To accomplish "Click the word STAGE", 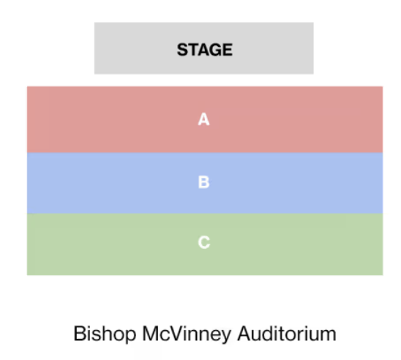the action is coord(205,50).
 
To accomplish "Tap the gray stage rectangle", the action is coord(204,48).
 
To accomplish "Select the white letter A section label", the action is coord(204,119).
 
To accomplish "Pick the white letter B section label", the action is coord(204,182).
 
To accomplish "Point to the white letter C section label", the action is coord(204,242).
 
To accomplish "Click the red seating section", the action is coord(205,119).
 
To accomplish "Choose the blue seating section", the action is coord(205,183).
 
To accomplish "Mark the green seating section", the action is coord(205,244).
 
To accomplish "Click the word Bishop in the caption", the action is coord(105,334).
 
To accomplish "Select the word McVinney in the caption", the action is coord(187,334).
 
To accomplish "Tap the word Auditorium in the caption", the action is coord(287,334).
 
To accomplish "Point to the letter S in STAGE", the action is coord(183,50).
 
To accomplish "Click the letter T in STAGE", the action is coord(194,50).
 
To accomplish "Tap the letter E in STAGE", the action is coord(228,50).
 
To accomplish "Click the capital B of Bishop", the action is coord(80,334).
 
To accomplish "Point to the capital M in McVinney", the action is coord(150,334).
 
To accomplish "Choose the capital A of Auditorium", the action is coord(244,334).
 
